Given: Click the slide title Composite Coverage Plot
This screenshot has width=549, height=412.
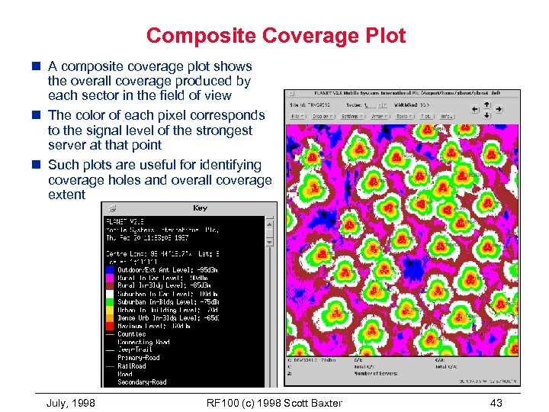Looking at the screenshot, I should click(275, 35).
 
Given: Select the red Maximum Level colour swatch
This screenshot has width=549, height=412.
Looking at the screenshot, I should click(111, 326).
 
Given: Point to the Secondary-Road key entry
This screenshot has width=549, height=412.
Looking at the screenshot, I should click(142, 382).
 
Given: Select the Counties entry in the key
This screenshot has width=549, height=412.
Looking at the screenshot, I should click(131, 334).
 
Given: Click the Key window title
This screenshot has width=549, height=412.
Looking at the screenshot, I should click(199, 208).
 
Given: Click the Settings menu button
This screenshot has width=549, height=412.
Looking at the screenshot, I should click(355, 117).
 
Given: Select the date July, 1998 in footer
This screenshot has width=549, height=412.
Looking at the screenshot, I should click(71, 403).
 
